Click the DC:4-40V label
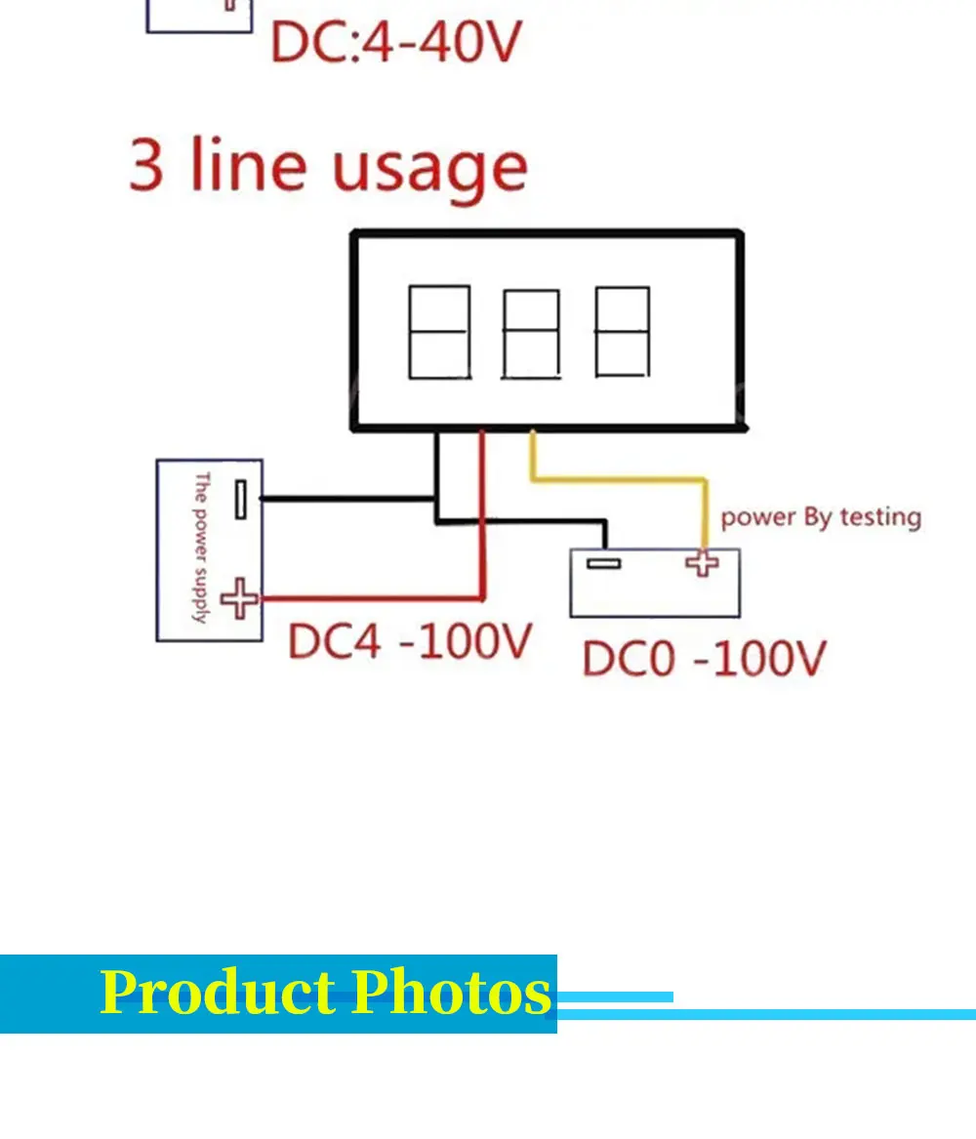[x=396, y=42]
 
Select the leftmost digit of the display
[x=439, y=332]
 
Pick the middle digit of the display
[x=531, y=333]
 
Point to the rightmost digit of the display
[x=623, y=332]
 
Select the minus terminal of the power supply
[x=240, y=499]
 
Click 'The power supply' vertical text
[x=201, y=548]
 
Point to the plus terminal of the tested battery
[x=702, y=563]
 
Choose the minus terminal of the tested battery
[x=604, y=563]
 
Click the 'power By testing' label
[x=820, y=517]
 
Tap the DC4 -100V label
[x=410, y=641]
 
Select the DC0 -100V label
[x=704, y=658]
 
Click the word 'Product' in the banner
[x=218, y=993]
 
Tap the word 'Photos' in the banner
[x=452, y=993]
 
